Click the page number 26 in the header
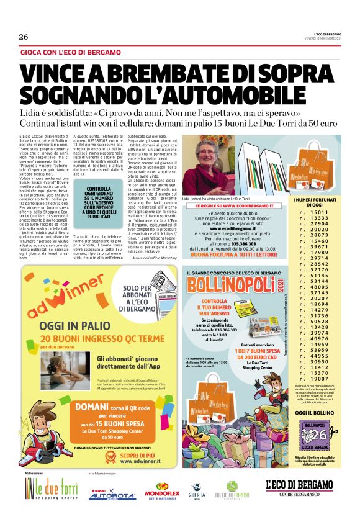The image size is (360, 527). click(24, 37)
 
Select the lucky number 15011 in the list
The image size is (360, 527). click(318, 213)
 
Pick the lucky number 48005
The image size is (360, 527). click(318, 287)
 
